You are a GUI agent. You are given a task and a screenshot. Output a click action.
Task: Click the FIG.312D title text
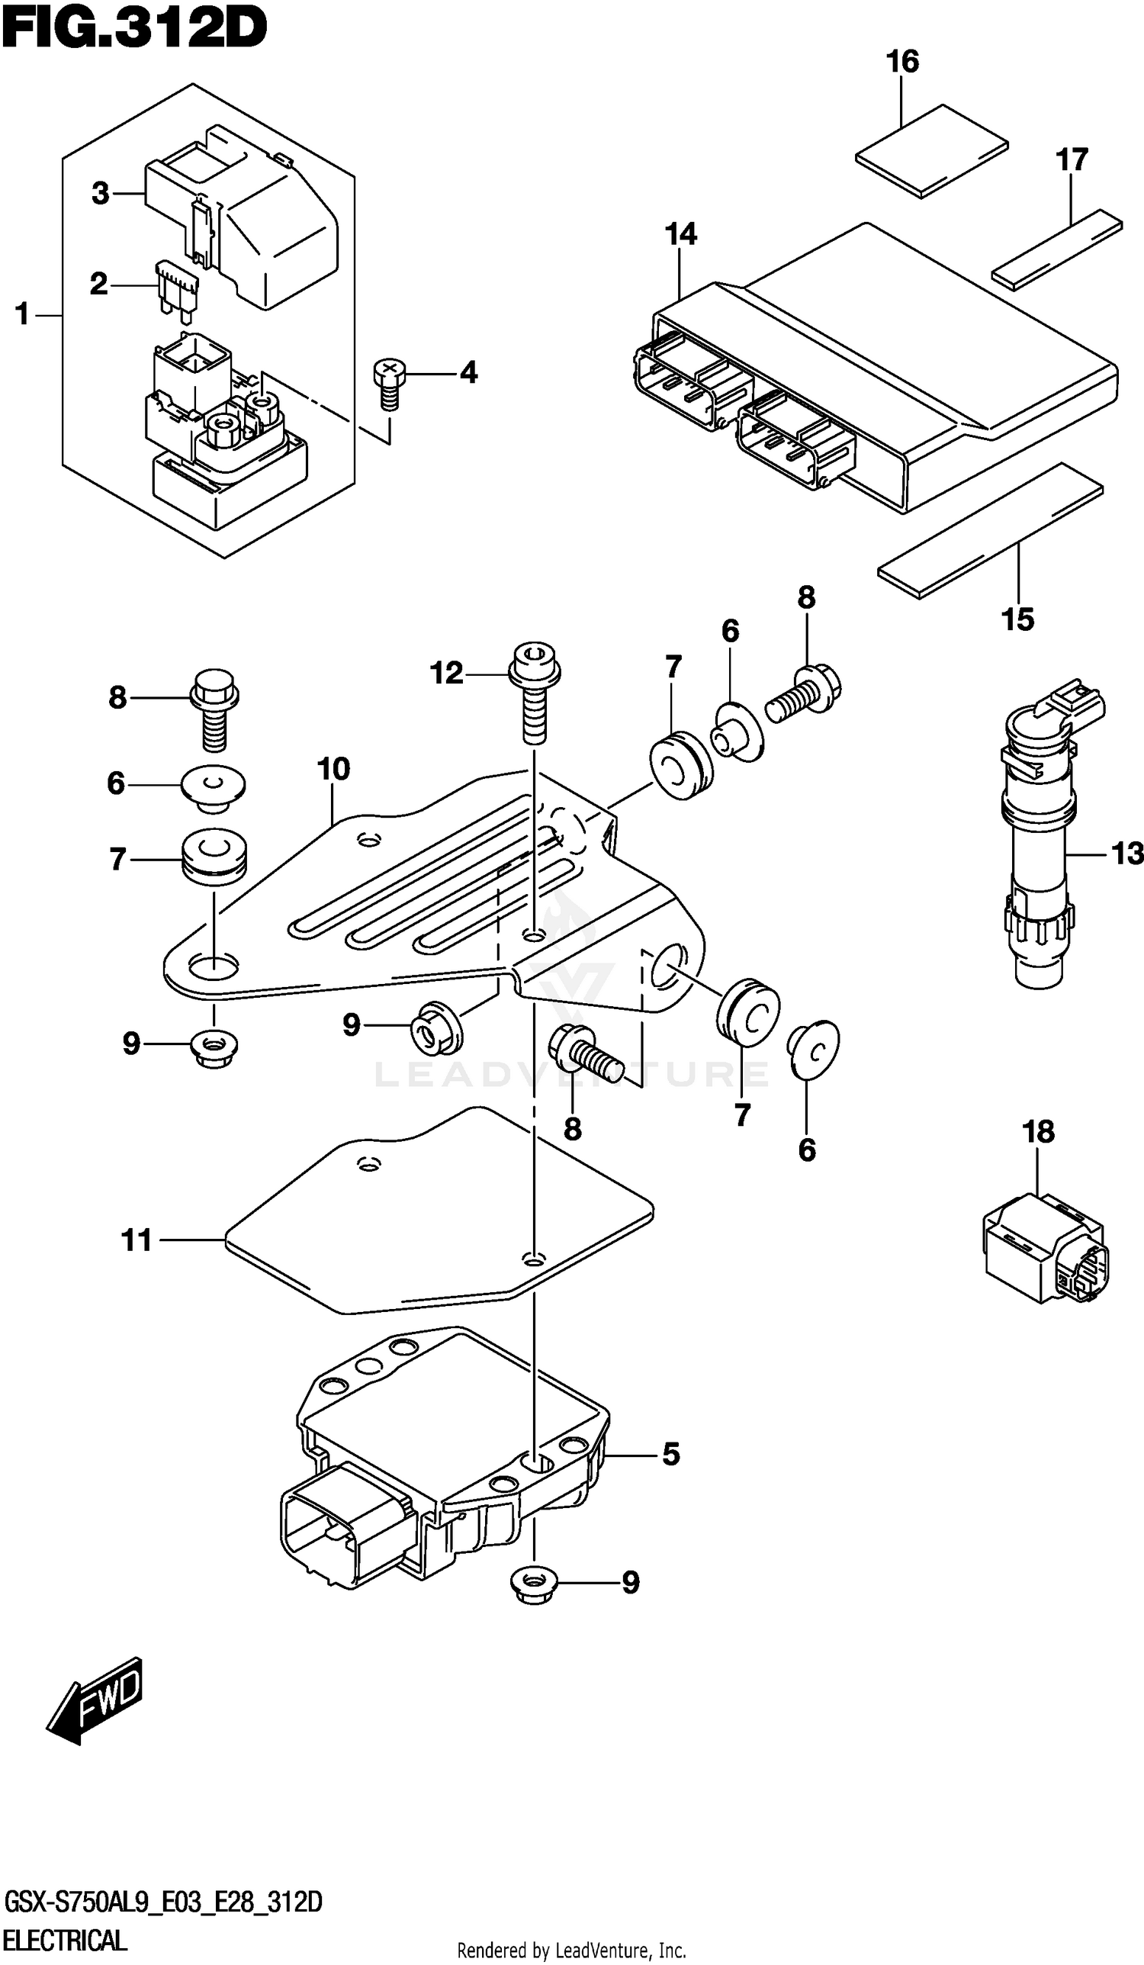tap(134, 30)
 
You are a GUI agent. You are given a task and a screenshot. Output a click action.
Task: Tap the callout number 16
tap(902, 62)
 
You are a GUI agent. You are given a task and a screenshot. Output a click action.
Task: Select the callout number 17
tap(1071, 160)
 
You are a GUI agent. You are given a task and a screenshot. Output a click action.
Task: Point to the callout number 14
tap(680, 234)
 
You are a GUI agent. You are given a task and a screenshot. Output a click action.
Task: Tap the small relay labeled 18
tap(1043, 1251)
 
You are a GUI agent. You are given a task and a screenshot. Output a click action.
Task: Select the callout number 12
tap(446, 673)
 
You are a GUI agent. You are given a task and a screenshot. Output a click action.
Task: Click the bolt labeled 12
tap(534, 694)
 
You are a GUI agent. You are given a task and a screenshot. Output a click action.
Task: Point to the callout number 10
tap(334, 769)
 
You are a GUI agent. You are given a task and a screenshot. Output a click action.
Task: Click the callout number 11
tap(137, 1240)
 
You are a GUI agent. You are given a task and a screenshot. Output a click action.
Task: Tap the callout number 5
tap(670, 1453)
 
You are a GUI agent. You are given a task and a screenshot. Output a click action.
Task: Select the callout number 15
tap(1017, 619)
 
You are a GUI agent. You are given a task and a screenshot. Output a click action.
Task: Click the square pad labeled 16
tap(931, 150)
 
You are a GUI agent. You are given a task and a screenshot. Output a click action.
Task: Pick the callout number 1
tap(21, 315)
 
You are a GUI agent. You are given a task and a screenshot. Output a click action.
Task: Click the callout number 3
tap(100, 194)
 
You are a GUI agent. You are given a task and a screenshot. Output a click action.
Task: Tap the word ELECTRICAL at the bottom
tap(65, 1939)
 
